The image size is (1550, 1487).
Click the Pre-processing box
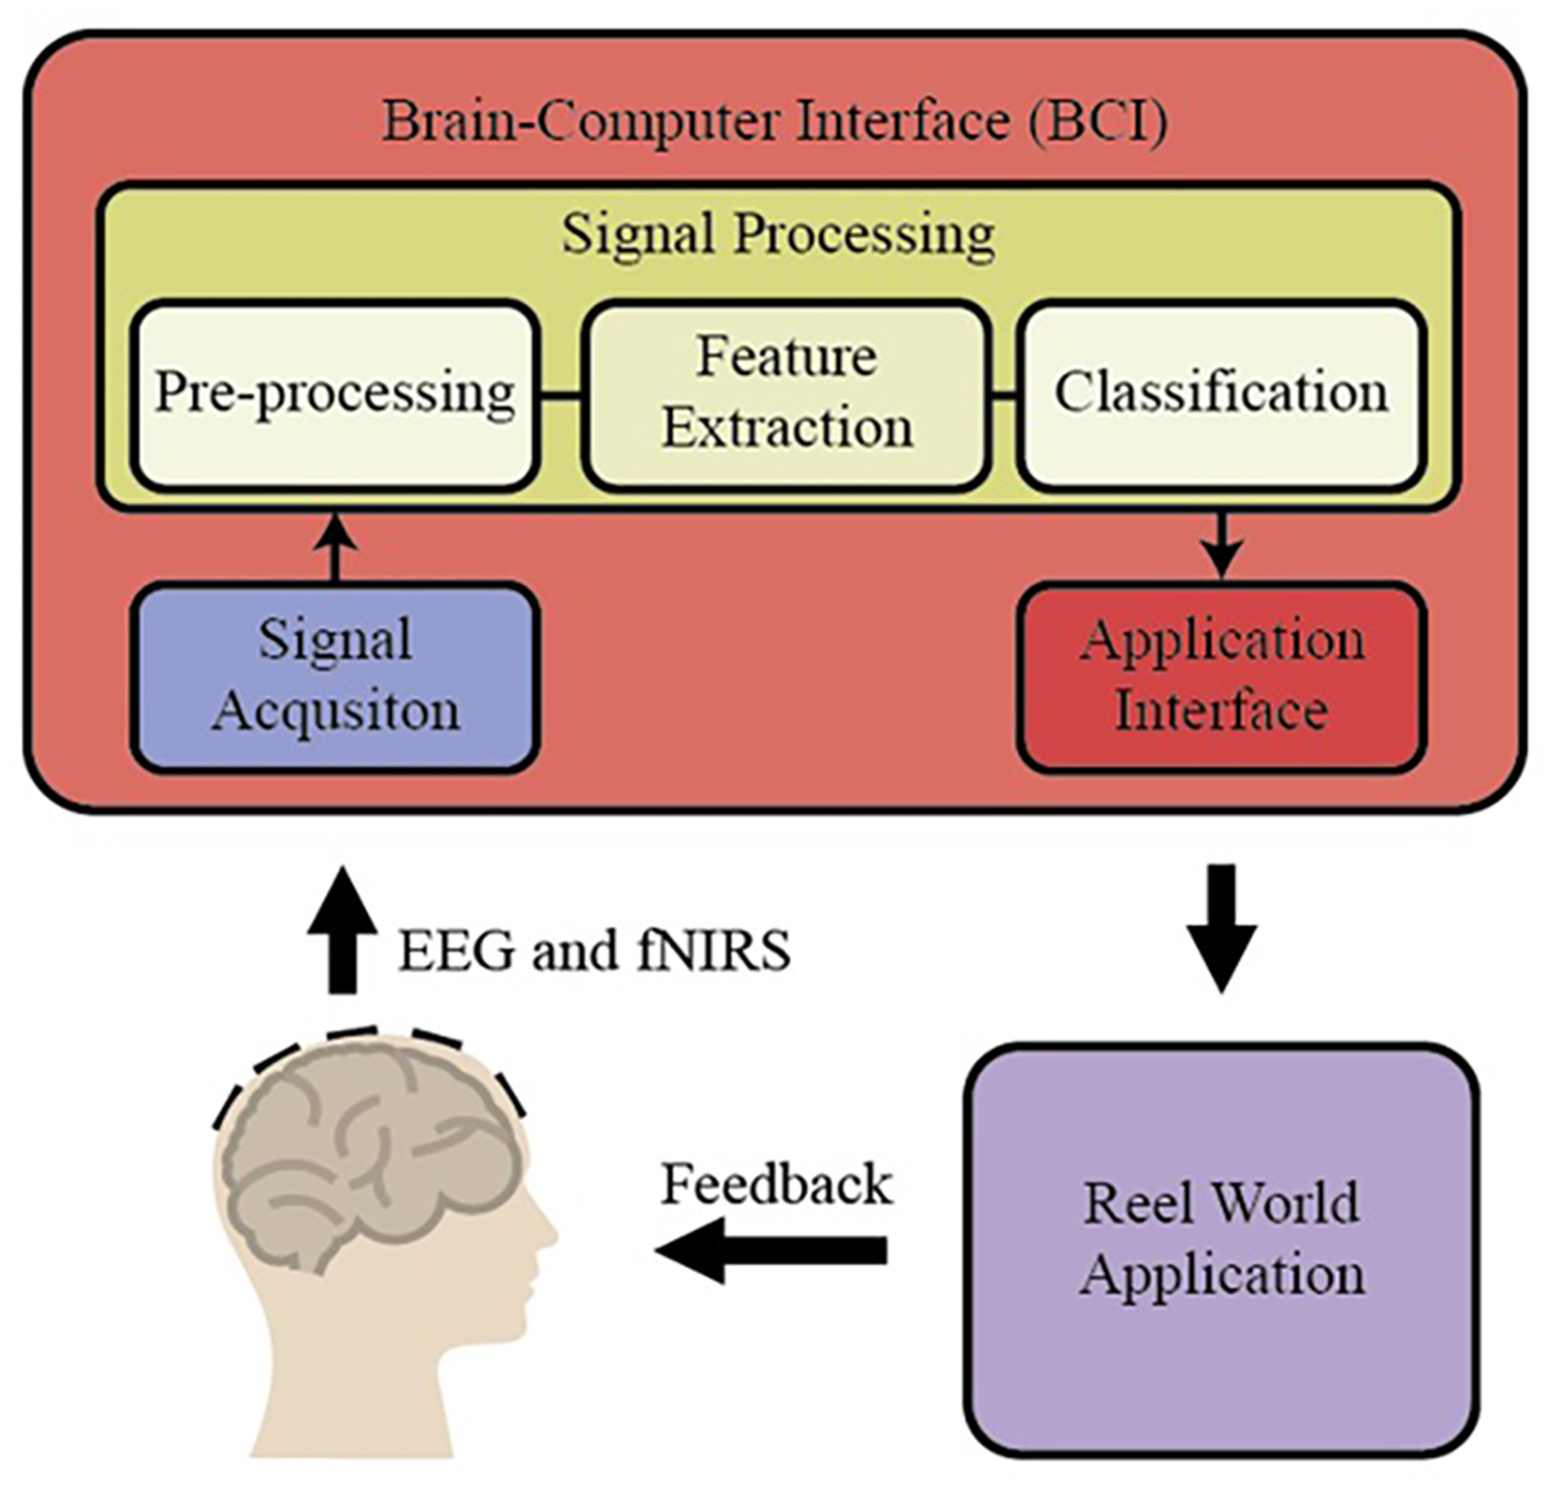click(x=335, y=395)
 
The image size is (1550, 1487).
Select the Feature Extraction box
click(x=786, y=395)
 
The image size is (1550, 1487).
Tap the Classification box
click(x=1221, y=395)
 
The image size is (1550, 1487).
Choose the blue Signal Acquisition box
click(x=335, y=677)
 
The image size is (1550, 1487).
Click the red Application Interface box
click(x=1221, y=677)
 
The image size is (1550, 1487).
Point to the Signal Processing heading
click(x=778, y=236)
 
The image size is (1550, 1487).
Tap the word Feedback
click(x=776, y=1184)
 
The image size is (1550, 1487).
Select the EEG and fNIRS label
click(x=594, y=951)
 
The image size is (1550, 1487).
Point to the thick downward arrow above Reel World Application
click(x=1222, y=927)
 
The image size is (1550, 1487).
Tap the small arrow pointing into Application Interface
click(x=1222, y=546)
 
